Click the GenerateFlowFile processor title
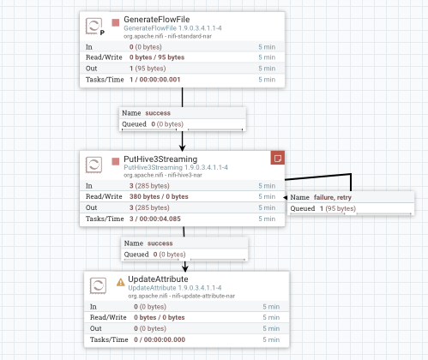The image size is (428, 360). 157,20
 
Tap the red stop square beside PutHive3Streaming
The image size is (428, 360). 116,162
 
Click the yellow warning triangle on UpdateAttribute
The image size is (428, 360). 121,282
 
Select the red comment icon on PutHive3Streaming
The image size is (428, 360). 278,158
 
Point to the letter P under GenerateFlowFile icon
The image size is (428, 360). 102,33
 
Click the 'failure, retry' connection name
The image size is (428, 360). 333,197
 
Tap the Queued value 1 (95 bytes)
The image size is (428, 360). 338,208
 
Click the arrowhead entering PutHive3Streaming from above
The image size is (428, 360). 182,147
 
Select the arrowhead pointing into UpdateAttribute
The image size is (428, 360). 185,268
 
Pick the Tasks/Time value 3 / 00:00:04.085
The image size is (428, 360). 155,219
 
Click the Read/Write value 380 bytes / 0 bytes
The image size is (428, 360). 159,196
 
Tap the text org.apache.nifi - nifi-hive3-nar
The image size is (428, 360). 163,175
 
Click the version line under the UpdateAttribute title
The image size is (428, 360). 175,288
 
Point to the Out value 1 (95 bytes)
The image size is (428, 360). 148,69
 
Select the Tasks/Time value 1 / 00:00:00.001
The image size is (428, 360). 154,80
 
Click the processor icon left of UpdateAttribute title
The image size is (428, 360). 98,285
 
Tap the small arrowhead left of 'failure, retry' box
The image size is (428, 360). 285,197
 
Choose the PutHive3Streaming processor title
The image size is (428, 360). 160,159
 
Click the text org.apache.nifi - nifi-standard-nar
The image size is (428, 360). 167,36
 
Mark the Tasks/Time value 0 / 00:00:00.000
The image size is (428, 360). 160,339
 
